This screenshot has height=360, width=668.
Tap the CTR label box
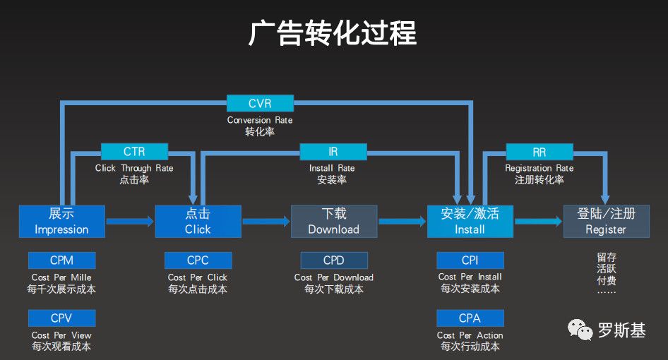(x=134, y=151)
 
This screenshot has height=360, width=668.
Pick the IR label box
(x=333, y=151)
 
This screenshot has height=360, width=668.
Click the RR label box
(x=539, y=151)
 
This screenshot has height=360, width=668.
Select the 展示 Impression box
(x=61, y=221)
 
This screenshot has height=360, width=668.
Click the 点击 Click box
(x=198, y=221)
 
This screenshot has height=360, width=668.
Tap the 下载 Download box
(x=334, y=221)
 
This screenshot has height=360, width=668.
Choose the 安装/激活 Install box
(x=470, y=221)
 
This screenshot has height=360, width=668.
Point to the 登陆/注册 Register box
(x=606, y=221)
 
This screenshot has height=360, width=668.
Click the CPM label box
(x=61, y=260)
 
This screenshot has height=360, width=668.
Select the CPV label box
(x=61, y=318)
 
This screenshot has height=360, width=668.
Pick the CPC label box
(x=198, y=260)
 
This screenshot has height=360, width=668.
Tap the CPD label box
(x=334, y=260)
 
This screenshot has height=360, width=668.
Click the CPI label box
(x=470, y=260)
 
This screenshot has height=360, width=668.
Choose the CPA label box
(x=470, y=318)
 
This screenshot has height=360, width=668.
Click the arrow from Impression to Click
(x=130, y=222)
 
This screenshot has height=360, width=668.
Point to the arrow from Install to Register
(x=538, y=222)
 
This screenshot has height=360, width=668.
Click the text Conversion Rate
(x=260, y=120)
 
